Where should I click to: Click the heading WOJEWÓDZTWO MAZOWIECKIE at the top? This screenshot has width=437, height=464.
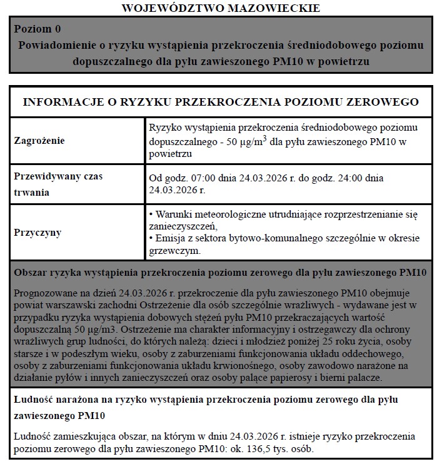(x=221, y=8)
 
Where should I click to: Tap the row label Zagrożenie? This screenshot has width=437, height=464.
(x=39, y=141)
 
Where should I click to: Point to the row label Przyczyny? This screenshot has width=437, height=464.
(x=38, y=233)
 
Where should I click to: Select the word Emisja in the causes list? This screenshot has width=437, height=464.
(x=169, y=238)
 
